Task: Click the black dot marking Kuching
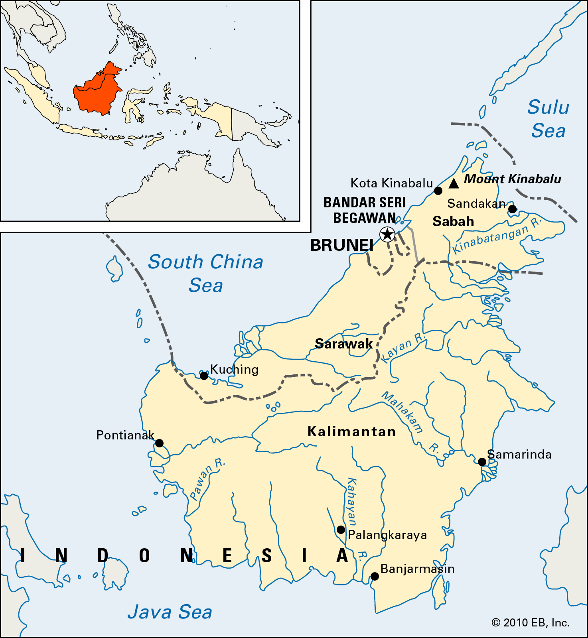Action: [x=204, y=376]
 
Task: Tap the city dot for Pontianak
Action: [x=159, y=443]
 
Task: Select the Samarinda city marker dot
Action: [x=482, y=462]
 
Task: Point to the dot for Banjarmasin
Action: [x=375, y=576]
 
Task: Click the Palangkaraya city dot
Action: [x=341, y=530]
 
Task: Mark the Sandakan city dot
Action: [x=512, y=209]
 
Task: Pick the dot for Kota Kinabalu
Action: [x=438, y=191]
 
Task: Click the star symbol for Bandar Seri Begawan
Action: [x=387, y=234]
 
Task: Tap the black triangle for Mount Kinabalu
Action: [x=454, y=183]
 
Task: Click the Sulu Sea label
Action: [x=548, y=119]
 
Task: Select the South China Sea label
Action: [x=205, y=274]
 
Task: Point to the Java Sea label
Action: [x=170, y=612]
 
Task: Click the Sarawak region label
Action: [x=343, y=344]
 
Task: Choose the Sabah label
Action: [x=453, y=221]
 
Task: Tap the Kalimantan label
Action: [x=351, y=431]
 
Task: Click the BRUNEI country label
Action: [x=342, y=245]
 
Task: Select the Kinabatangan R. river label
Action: [x=497, y=235]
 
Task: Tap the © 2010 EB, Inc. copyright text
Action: [x=530, y=622]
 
